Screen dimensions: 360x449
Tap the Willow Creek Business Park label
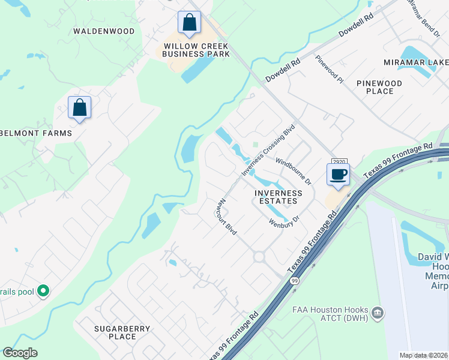pyautogui.click(x=196, y=50)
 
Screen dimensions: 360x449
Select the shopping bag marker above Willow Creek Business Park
pyautogui.click(x=190, y=23)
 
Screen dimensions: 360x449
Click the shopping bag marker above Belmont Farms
pyautogui.click(x=79, y=108)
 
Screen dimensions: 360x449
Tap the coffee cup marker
pyautogui.click(x=338, y=175)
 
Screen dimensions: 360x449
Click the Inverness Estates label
pyautogui.click(x=278, y=197)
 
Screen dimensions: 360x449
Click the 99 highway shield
pyautogui.click(x=294, y=281)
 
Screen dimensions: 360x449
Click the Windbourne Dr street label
pyautogui.click(x=294, y=171)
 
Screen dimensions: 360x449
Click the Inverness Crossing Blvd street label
pyautogui.click(x=269, y=151)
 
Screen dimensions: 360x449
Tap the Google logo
pyautogui.click(x=20, y=353)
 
